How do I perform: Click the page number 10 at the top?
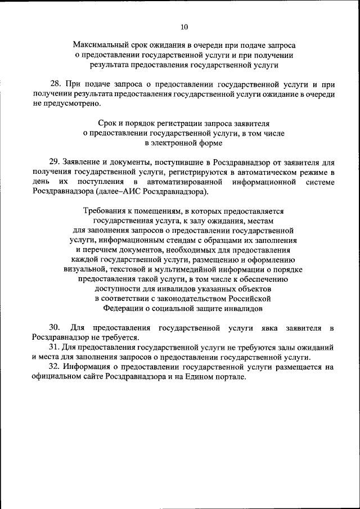(184, 26)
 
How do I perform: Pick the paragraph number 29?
(55, 161)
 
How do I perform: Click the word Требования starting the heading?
(104, 211)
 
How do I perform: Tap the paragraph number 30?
(55, 328)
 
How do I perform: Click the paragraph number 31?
(54, 348)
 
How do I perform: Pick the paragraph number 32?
(54, 367)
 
